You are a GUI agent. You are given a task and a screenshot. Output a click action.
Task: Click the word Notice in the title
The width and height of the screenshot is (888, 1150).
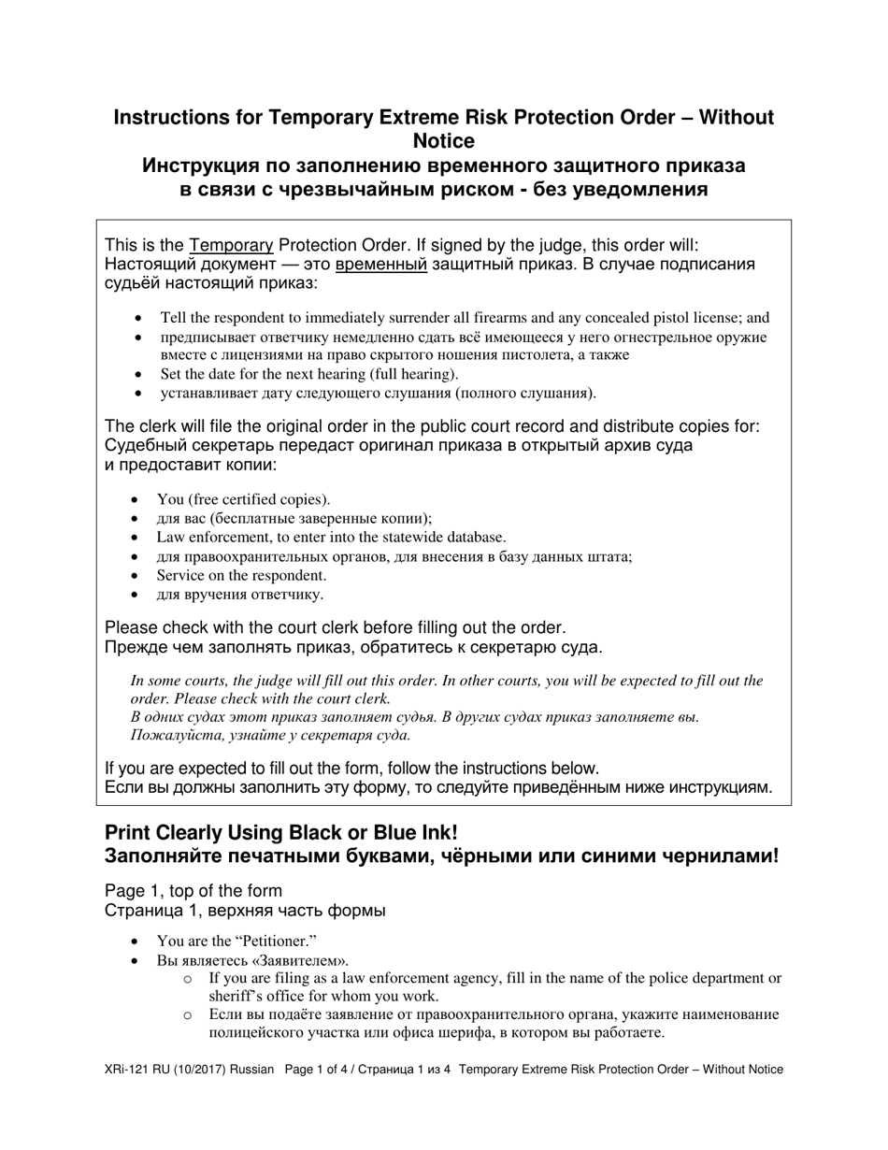[x=443, y=141]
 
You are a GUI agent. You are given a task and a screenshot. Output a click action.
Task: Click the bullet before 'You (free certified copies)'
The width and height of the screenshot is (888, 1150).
[x=139, y=500]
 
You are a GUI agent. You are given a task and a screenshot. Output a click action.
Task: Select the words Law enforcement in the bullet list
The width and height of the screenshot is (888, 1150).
[x=207, y=537]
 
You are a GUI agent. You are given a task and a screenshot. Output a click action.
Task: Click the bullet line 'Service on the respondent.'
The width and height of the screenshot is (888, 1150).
[x=241, y=575]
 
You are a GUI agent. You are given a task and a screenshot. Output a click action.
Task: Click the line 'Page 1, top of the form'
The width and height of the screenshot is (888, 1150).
[x=193, y=890]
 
